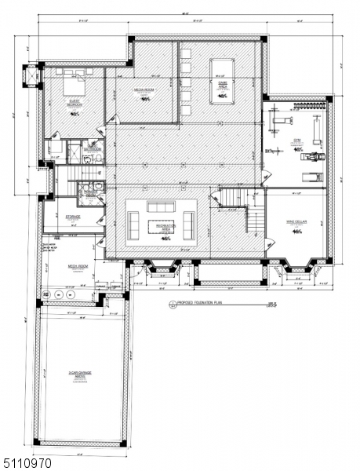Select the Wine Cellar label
coord(297,223)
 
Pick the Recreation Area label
coord(165,228)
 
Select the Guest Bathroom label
coord(93,146)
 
